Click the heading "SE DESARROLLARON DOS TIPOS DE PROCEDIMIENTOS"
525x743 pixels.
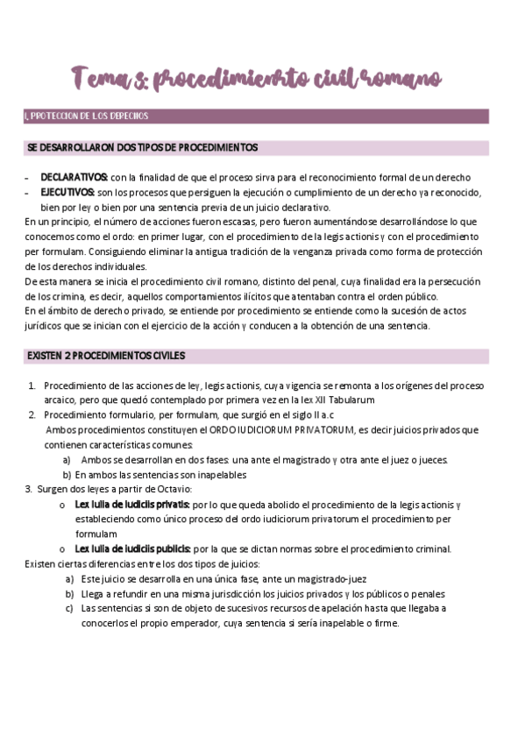(143, 147)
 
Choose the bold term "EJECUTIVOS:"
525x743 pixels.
(68, 192)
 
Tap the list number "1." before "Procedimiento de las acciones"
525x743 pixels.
(32, 386)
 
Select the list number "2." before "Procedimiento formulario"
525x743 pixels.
(32, 415)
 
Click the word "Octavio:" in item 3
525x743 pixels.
(172, 489)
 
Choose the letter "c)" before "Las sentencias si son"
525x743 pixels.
(68, 609)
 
